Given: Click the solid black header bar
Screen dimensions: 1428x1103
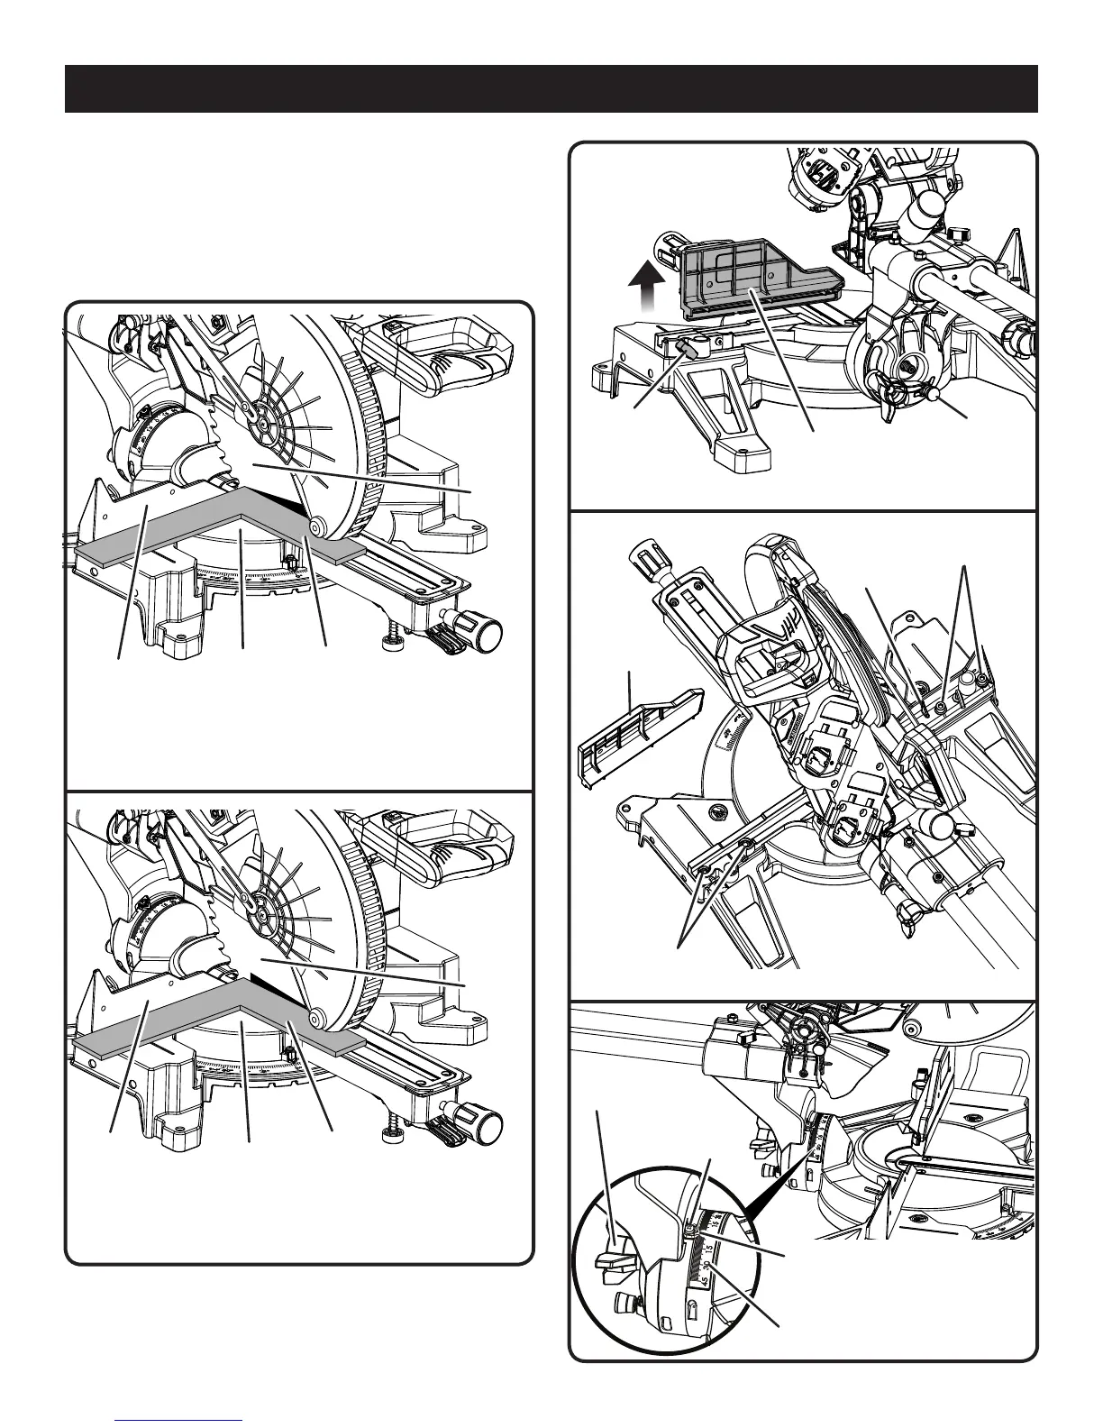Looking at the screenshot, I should pos(551,88).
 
